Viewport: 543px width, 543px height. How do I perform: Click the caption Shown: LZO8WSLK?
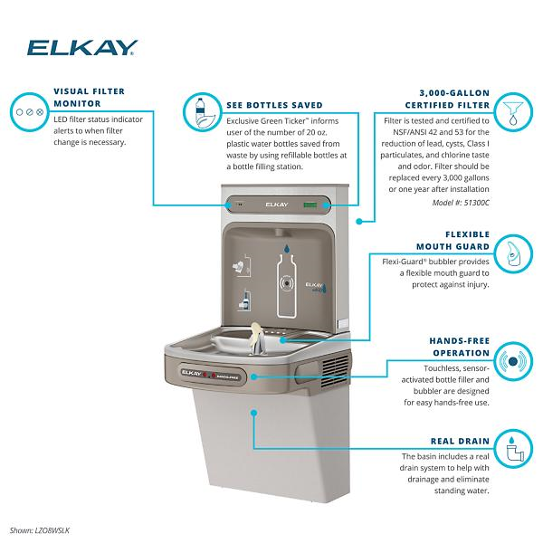click(x=40, y=530)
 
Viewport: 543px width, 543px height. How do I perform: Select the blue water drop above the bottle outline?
click(x=287, y=246)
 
